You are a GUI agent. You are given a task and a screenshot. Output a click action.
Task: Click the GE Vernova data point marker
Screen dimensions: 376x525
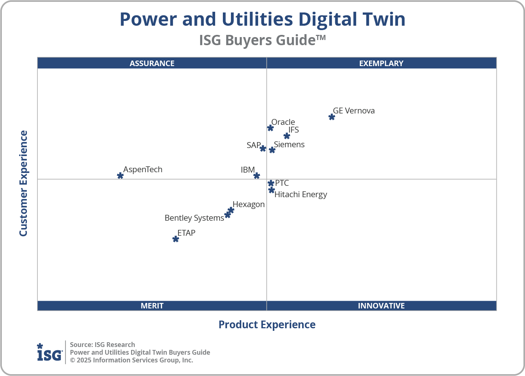click(x=332, y=117)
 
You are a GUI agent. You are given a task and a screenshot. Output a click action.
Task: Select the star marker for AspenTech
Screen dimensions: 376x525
click(x=120, y=176)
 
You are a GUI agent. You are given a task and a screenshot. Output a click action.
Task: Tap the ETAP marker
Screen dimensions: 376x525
click(x=175, y=239)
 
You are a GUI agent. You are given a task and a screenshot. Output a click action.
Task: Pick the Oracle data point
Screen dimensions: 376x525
click(x=270, y=128)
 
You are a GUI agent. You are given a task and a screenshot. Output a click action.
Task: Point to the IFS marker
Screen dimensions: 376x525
click(x=287, y=136)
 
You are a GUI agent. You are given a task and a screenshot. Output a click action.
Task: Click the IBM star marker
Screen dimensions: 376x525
click(x=257, y=176)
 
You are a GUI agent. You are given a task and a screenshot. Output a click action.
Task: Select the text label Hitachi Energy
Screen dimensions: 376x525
click(x=301, y=195)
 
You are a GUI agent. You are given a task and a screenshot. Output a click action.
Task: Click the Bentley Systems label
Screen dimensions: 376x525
click(x=194, y=218)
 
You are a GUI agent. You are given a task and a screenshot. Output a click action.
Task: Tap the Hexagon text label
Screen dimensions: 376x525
click(x=249, y=205)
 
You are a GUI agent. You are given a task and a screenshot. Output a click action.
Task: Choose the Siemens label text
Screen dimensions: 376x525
click(x=289, y=145)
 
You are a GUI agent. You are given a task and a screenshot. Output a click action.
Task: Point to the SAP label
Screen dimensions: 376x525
click(x=254, y=145)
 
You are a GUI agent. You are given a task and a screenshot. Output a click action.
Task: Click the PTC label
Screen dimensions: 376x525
click(x=282, y=183)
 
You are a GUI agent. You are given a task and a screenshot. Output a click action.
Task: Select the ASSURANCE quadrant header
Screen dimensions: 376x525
click(x=152, y=63)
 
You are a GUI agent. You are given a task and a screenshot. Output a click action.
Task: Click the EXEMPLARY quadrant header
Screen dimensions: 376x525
click(x=381, y=63)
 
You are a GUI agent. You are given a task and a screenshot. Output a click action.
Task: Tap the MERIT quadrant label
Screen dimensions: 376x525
click(x=152, y=306)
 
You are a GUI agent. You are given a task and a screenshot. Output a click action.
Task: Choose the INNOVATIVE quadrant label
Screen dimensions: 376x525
click(x=381, y=306)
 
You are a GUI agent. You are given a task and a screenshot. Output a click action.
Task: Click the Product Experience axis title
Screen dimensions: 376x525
click(x=267, y=325)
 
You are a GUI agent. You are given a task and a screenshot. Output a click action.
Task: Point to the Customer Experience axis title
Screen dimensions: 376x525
click(x=23, y=184)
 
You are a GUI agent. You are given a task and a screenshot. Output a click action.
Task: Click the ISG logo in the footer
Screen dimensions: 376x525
click(x=50, y=352)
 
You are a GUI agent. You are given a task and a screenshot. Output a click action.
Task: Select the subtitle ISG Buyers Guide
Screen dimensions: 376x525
click(x=262, y=40)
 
